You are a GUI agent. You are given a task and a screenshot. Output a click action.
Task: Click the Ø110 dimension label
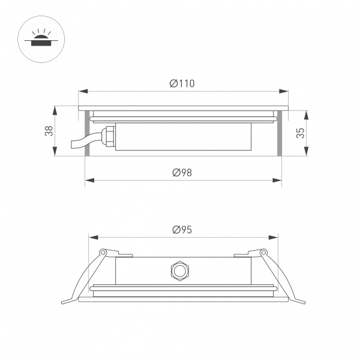tap(182, 84)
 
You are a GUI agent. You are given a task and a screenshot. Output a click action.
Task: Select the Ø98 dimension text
tap(182, 173)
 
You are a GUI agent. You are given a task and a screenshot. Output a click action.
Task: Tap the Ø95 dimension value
tap(182, 230)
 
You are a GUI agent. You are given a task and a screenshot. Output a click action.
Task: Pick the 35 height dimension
tap(301, 133)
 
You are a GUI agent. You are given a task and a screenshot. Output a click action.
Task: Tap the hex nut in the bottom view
tap(178, 271)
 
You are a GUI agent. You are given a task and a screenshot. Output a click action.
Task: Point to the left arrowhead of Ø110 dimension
tap(82, 92)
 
